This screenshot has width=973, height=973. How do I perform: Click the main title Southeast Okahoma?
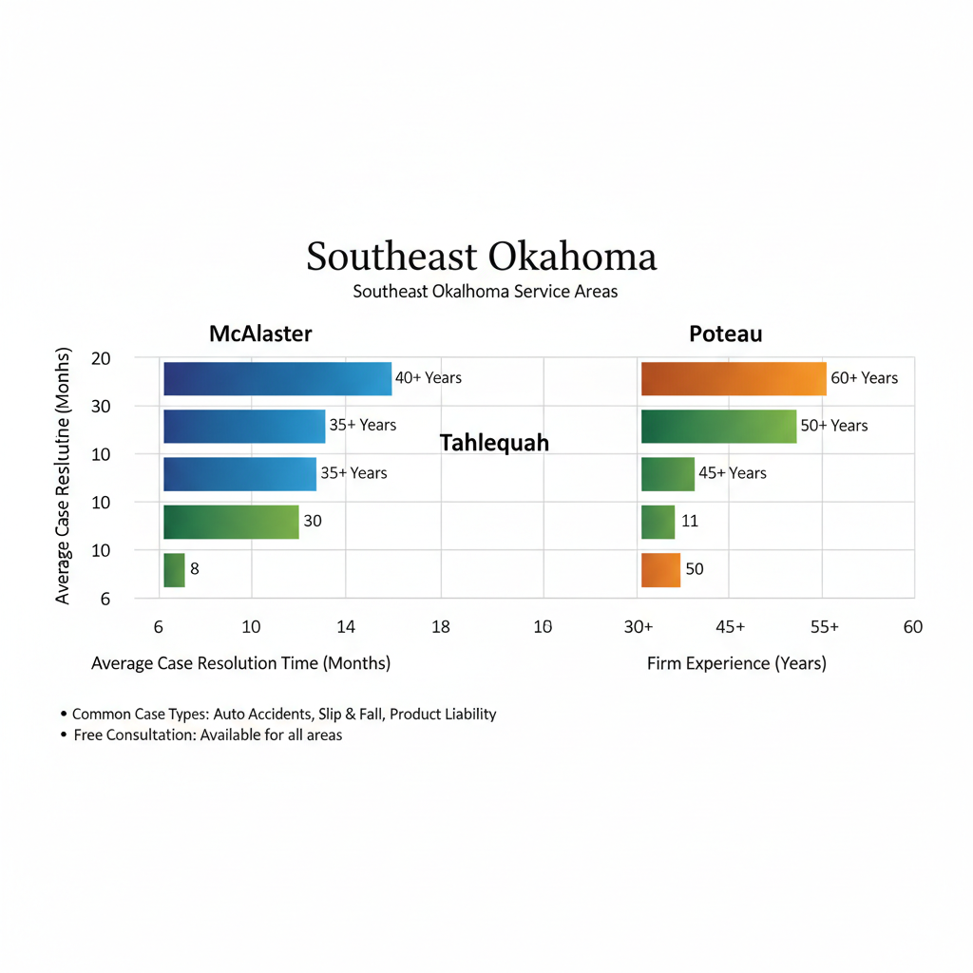(481, 258)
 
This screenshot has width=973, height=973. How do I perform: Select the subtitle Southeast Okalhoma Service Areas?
(485, 292)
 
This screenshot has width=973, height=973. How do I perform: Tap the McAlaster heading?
(260, 334)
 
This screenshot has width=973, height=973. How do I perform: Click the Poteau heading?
(726, 334)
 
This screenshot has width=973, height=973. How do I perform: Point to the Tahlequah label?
(494, 443)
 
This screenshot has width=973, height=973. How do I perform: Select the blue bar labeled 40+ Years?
(277, 378)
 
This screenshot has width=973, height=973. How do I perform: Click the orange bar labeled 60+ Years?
(734, 378)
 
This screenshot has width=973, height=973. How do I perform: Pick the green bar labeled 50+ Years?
(718, 426)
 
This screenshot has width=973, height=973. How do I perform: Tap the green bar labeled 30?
(231, 522)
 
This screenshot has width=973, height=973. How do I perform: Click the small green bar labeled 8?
(174, 570)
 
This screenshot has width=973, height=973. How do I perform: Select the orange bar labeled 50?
(660, 570)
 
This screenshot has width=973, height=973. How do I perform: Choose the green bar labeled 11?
(658, 522)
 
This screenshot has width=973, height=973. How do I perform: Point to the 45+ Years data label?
(732, 473)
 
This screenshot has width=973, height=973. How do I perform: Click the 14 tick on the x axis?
(345, 627)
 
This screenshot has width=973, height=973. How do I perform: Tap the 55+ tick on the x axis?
(824, 627)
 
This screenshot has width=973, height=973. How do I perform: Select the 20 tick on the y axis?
(101, 359)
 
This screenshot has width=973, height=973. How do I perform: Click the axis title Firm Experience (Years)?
(736, 663)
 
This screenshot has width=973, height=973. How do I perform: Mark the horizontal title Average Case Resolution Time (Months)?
(240, 663)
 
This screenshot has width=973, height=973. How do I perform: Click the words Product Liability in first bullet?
(443, 714)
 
